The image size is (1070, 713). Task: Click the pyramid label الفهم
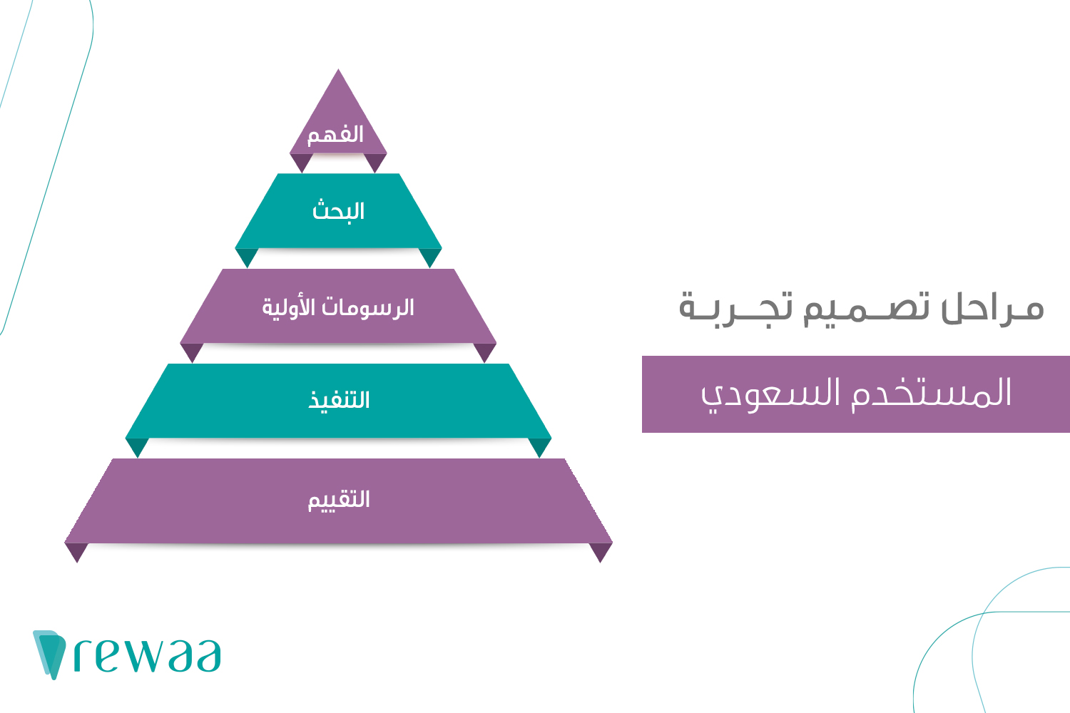[x=335, y=135]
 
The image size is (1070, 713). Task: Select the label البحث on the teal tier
[x=338, y=211]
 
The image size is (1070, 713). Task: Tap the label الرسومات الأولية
[x=338, y=307]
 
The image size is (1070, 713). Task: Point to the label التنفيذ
[x=339, y=400]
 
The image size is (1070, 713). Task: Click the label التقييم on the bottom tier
[x=339, y=499]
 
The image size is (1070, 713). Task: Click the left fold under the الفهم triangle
[x=301, y=162]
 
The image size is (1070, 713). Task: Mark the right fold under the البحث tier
[x=430, y=256]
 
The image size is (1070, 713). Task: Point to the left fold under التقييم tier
[x=76, y=551]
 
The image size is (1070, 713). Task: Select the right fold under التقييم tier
[x=601, y=551]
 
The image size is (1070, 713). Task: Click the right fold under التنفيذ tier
[x=540, y=446]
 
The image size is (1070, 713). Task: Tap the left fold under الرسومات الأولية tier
[x=192, y=352]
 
